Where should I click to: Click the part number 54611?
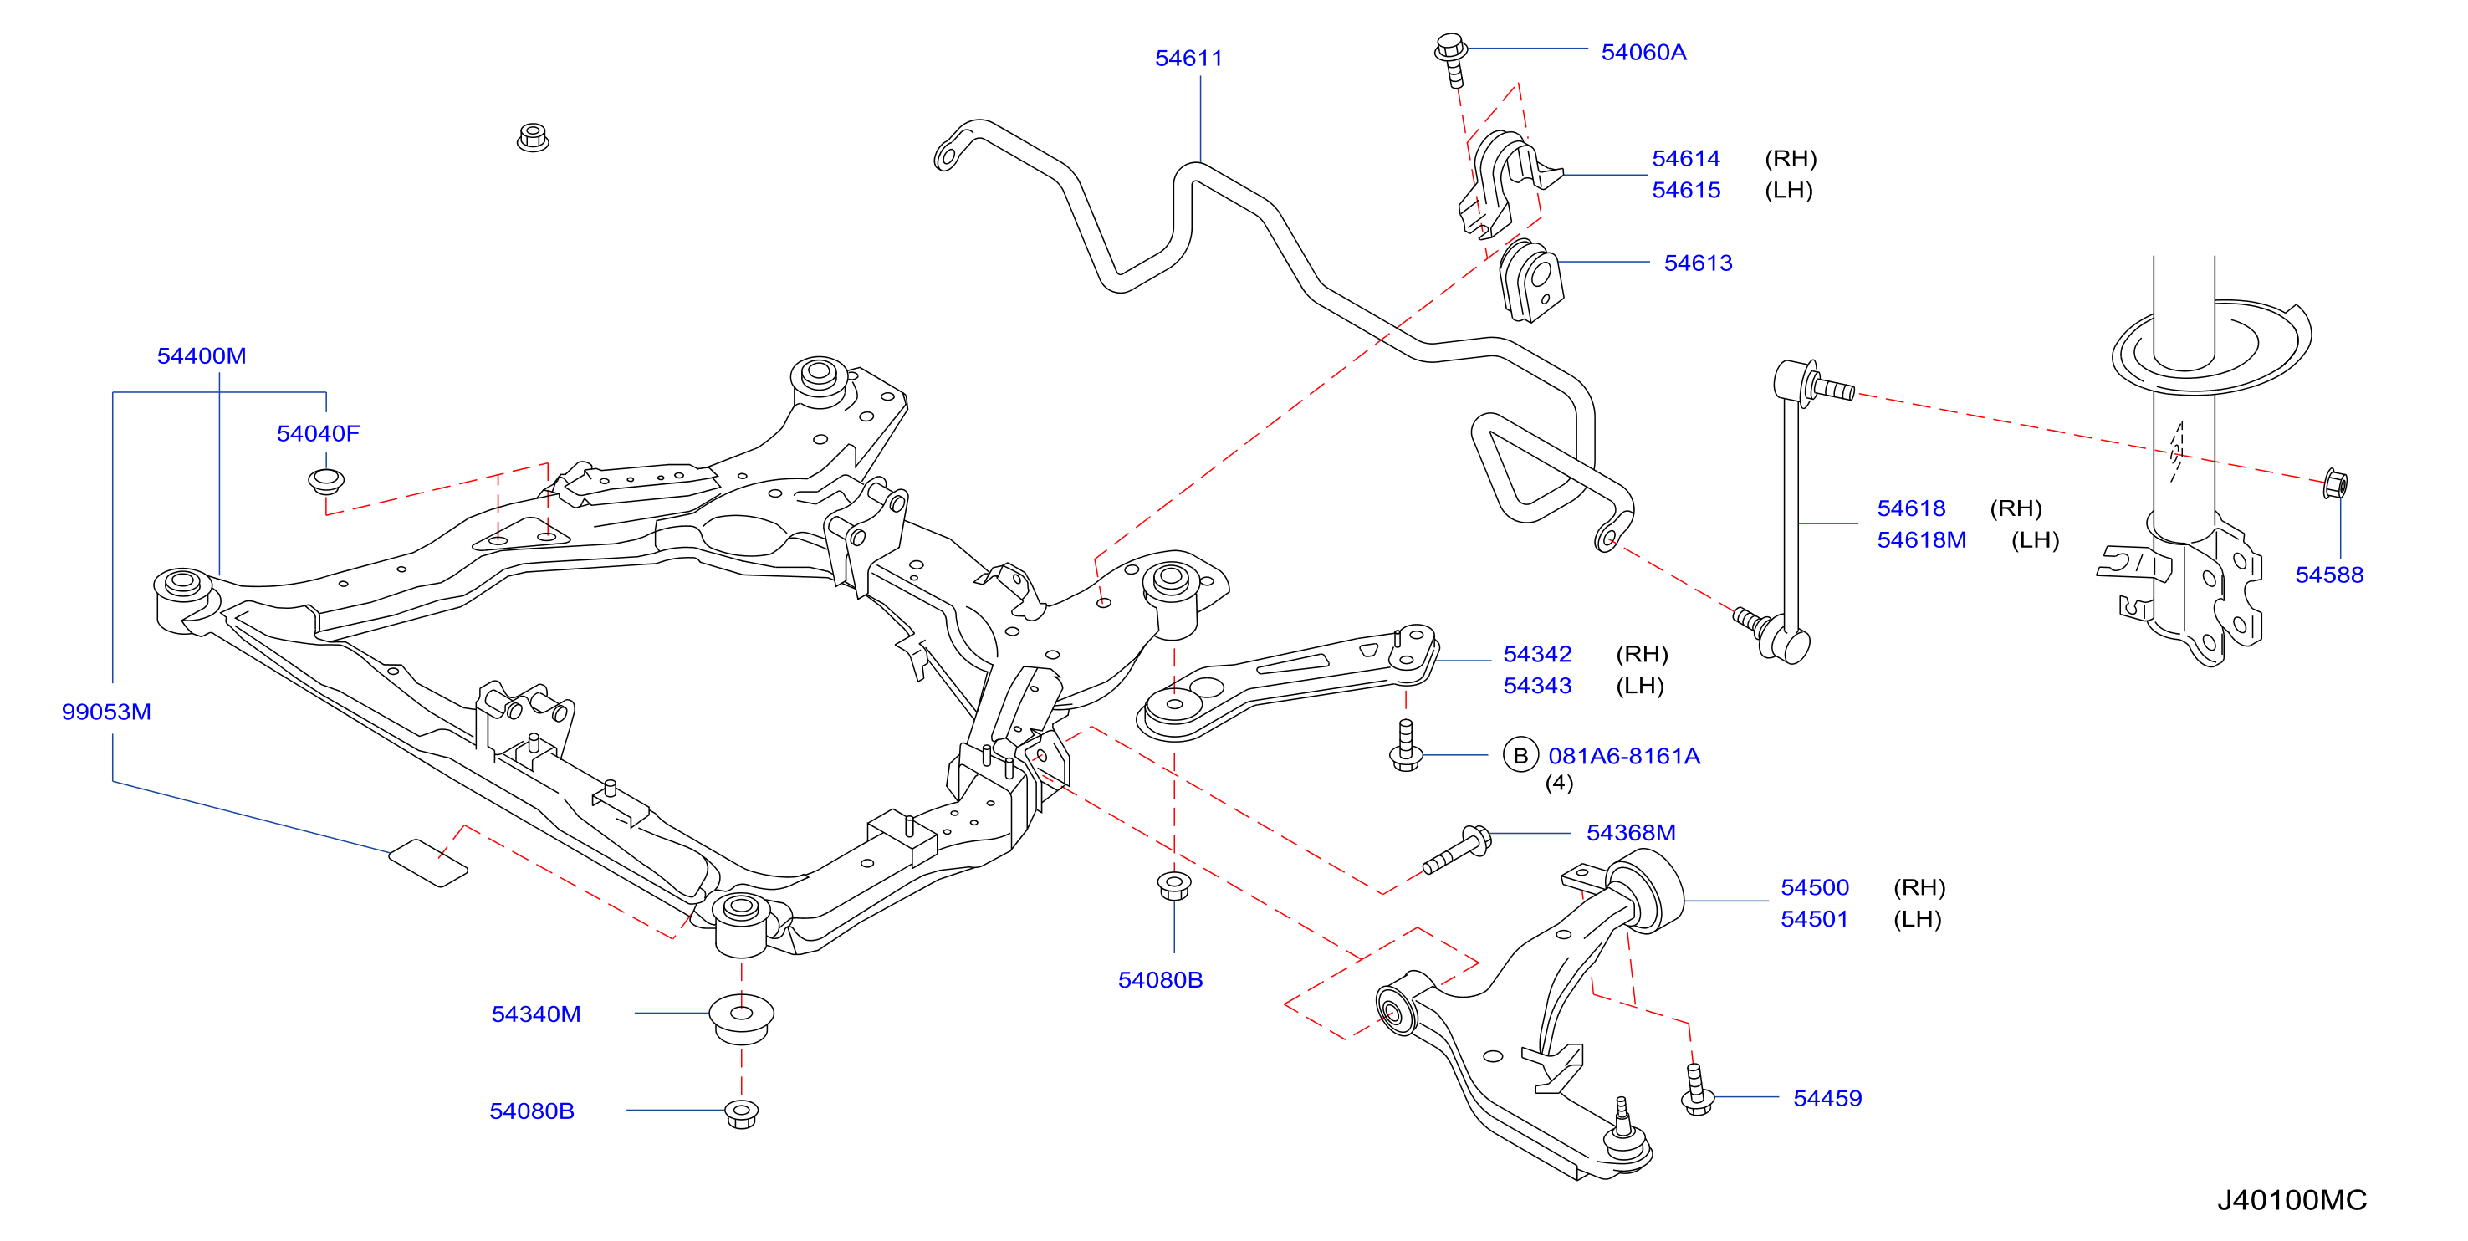[1188, 59]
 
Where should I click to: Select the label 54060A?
[1643, 53]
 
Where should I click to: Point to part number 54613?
[1698, 263]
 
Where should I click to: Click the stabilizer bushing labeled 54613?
[1531, 281]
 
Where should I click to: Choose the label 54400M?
[202, 355]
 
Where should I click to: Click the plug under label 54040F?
[325, 480]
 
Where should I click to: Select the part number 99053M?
[106, 712]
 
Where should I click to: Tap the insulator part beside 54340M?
[741, 1019]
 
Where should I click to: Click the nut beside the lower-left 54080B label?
[741, 1114]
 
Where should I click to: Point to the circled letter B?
[1520, 756]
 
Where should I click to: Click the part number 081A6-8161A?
[1624, 756]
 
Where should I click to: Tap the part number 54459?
[1827, 1098]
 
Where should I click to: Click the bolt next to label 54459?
[1697, 1090]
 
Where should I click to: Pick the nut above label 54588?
[2335, 484]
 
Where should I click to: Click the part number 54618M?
[1921, 540]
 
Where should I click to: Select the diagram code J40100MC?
[2292, 1200]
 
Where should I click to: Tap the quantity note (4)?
[1559, 783]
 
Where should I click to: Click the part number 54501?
[1814, 919]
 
